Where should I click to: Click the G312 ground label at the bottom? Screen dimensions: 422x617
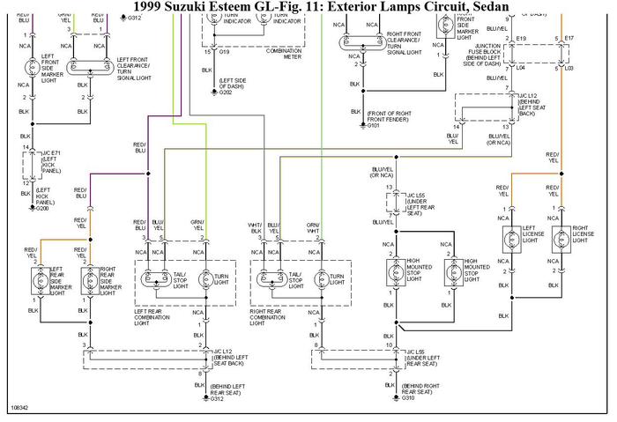pos(218,399)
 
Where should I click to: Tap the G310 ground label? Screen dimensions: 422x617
pos(409,399)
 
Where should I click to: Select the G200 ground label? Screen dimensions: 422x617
pos(42,210)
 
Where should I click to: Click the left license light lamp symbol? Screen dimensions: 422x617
pos(507,238)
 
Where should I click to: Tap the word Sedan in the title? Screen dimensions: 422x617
pos(490,7)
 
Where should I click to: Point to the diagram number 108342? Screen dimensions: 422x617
pos(19,410)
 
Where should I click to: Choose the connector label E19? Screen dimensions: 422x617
pos(521,39)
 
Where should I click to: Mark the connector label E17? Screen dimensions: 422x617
pos(569,39)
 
